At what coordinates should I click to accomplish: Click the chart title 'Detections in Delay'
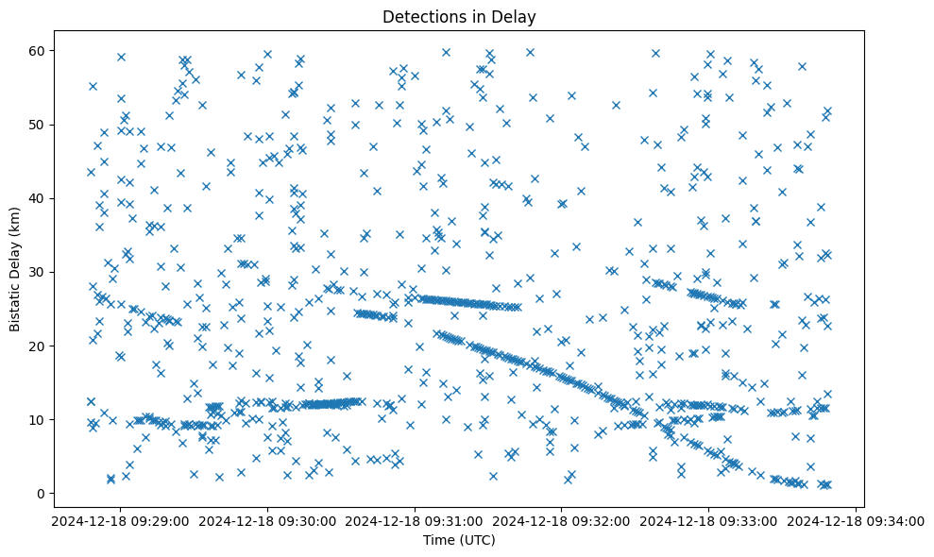[459, 16]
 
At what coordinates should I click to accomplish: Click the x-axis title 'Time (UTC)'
[459, 540]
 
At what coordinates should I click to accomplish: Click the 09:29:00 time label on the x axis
[120, 520]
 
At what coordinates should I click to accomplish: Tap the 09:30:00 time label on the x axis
[267, 520]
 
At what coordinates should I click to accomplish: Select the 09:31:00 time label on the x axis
[415, 520]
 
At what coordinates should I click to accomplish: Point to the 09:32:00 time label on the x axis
[562, 520]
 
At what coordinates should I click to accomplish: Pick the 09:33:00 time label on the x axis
[709, 520]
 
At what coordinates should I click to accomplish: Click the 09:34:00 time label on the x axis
[857, 520]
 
